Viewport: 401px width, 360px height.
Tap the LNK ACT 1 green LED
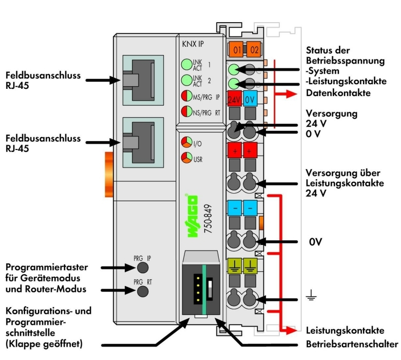click(186, 65)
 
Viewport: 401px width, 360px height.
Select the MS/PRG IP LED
click(186, 96)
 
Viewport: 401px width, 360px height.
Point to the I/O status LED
click(184, 142)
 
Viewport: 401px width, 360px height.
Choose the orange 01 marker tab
click(237, 50)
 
